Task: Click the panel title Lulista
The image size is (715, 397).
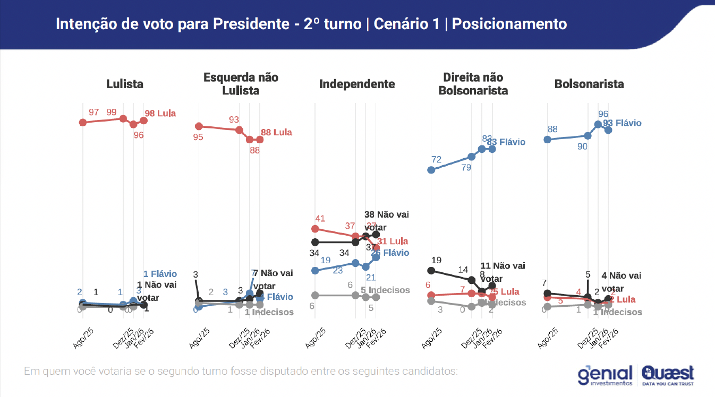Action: pyautogui.click(x=125, y=84)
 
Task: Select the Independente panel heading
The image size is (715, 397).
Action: pyautogui.click(x=357, y=84)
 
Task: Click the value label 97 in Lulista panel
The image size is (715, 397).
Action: pyautogui.click(x=95, y=113)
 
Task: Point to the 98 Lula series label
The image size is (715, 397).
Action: pyautogui.click(x=161, y=113)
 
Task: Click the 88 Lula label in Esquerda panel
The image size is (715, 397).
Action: pyautogui.click(x=277, y=132)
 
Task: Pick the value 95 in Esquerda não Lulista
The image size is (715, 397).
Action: pyautogui.click(x=198, y=137)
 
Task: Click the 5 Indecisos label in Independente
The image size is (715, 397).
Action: pyautogui.click(x=385, y=290)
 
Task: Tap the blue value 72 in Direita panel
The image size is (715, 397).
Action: pyautogui.click(x=437, y=159)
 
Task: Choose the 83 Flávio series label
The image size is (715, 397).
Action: pyautogui.click(x=506, y=142)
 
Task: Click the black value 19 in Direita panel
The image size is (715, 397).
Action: pyautogui.click(x=437, y=260)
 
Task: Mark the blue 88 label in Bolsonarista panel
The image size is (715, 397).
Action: pyautogui.click(x=552, y=129)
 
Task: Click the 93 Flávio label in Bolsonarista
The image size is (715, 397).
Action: pyautogui.click(x=622, y=123)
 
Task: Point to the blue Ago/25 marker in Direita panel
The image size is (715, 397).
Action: pyautogui.click(x=431, y=170)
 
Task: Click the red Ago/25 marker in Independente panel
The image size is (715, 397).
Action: pyautogui.click(x=315, y=229)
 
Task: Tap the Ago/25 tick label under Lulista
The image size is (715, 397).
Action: pyautogui.click(x=83, y=338)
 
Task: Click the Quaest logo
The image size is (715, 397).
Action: pyautogui.click(x=668, y=374)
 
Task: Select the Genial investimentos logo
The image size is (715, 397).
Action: pyautogui.click(x=606, y=375)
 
